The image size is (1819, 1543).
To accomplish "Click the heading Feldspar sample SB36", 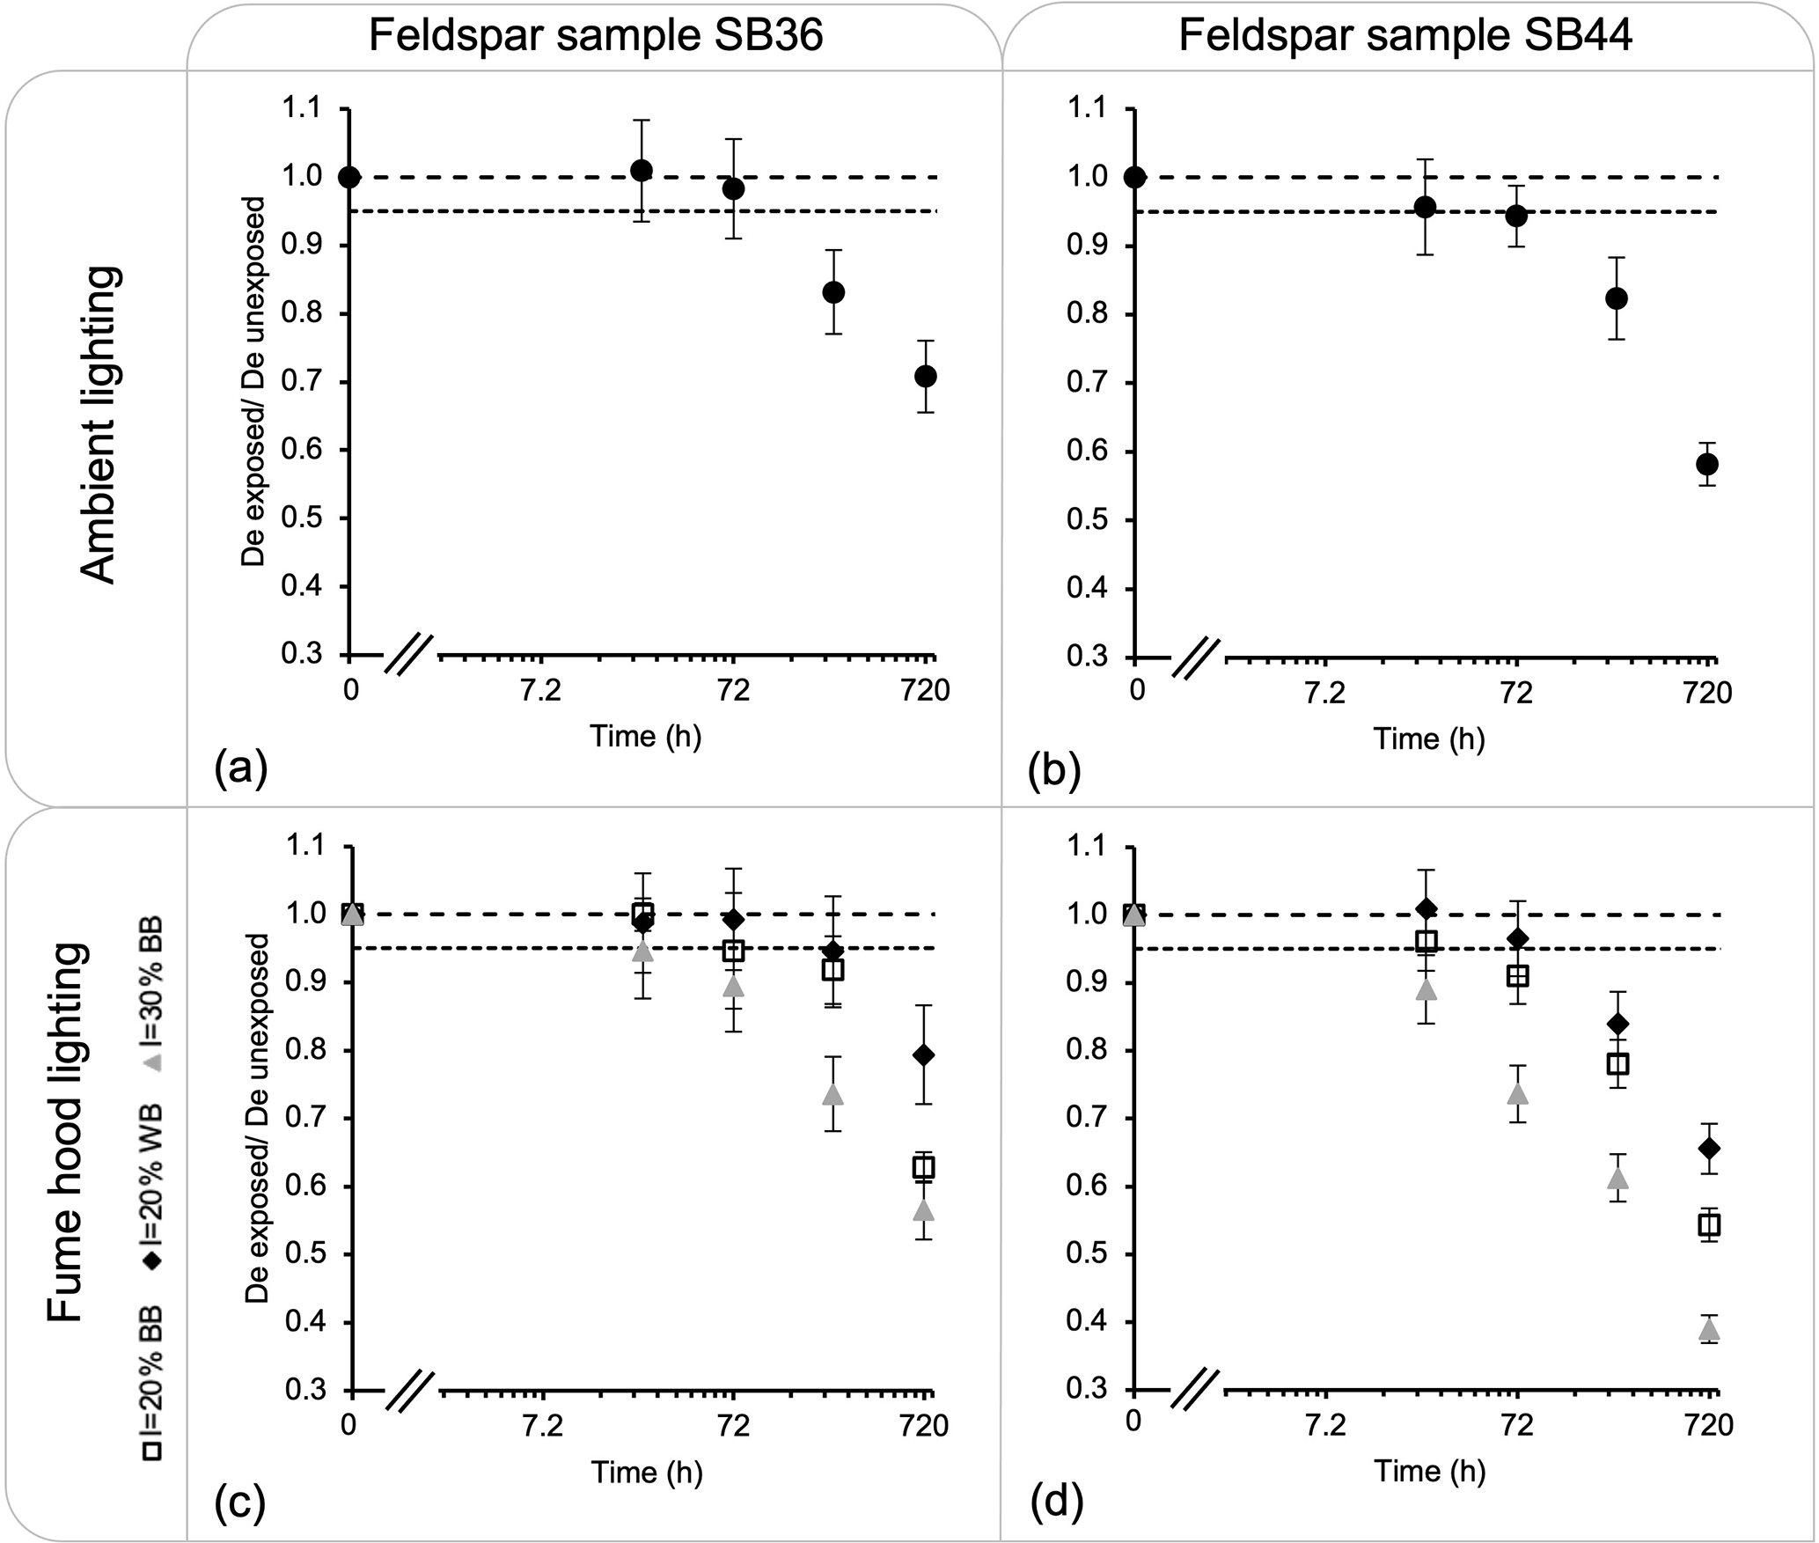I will (596, 37).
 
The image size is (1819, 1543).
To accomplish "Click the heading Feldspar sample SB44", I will (1405, 37).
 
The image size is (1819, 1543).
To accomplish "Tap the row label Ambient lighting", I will (99, 425).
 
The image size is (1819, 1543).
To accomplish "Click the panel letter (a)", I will (240, 768).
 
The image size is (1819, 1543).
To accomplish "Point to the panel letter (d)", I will (1054, 1503).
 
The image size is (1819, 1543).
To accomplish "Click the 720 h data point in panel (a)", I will (925, 376).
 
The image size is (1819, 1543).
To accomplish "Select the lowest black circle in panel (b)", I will (1708, 464).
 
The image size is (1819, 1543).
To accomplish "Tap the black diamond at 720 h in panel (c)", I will (924, 1055).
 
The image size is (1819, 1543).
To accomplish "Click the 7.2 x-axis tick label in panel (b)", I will (1325, 694).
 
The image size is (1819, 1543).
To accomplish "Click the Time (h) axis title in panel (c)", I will (647, 1471).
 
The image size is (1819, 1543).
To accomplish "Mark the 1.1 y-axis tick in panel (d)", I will (1090, 847).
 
